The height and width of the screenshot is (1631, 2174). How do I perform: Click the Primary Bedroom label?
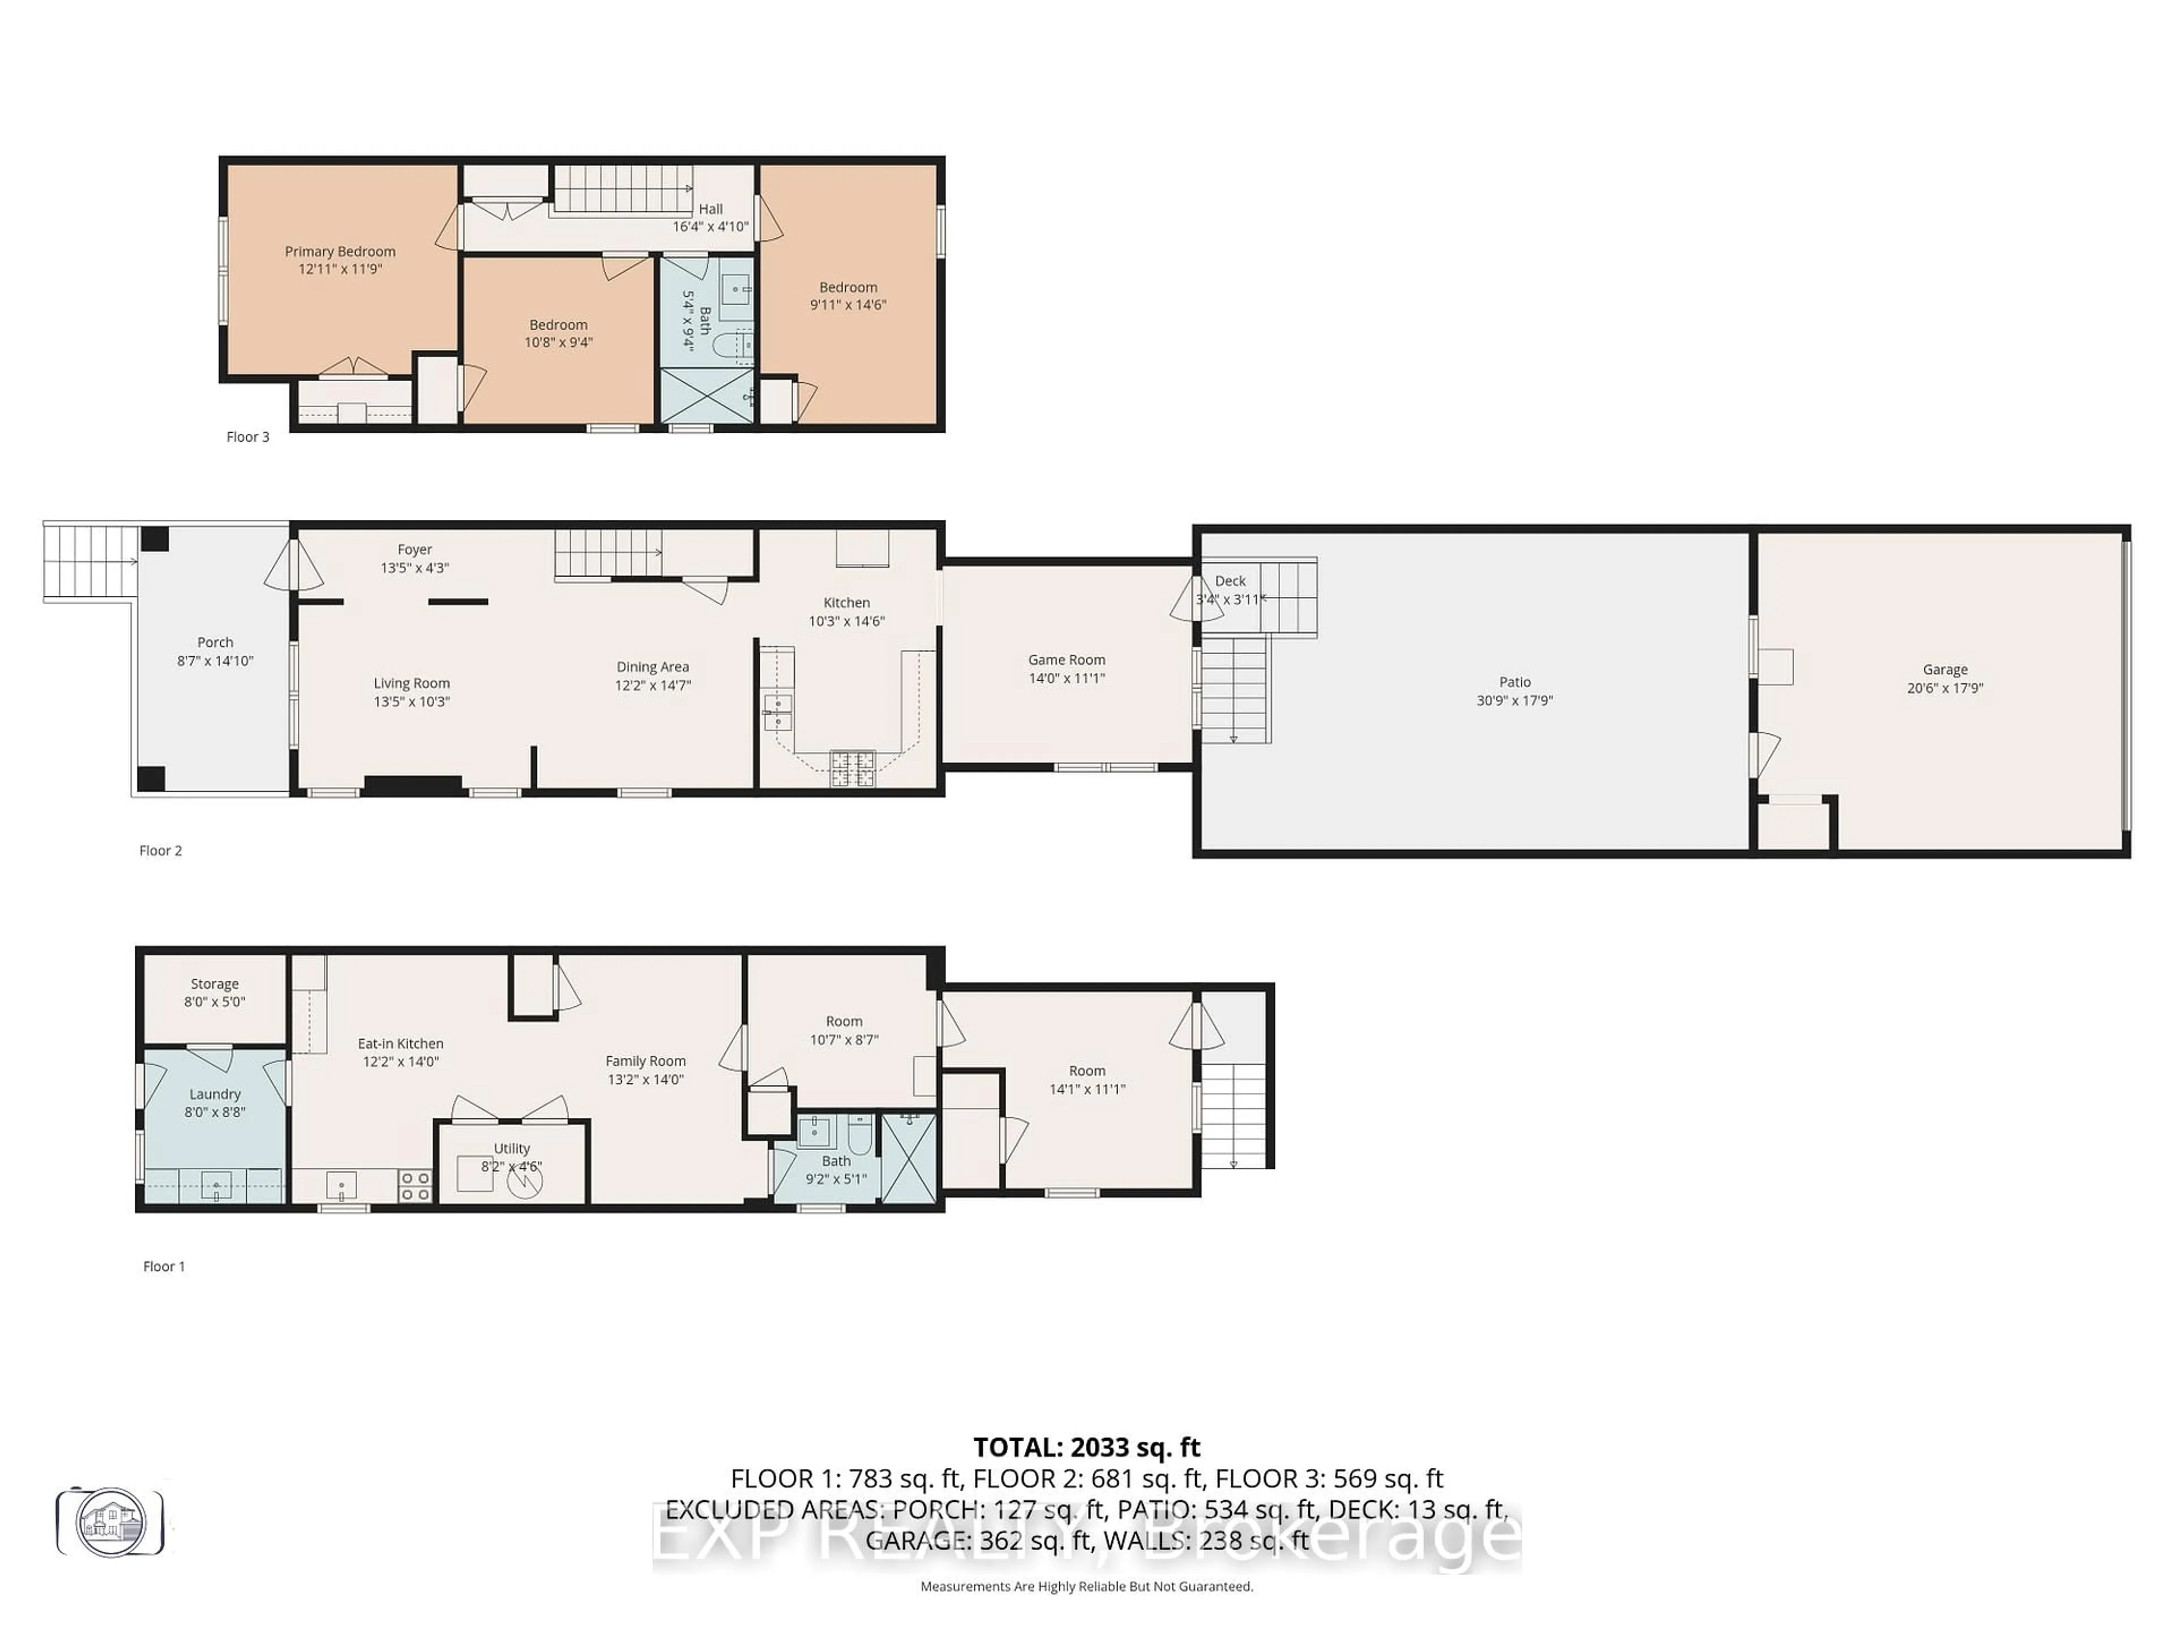[x=340, y=251]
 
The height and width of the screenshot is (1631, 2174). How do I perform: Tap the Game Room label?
[x=1067, y=660]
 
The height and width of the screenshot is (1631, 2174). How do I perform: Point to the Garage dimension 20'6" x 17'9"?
[x=1945, y=688]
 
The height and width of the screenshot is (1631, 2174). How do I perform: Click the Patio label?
[x=1514, y=681]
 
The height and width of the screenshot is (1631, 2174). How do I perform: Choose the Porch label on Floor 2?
[x=215, y=642]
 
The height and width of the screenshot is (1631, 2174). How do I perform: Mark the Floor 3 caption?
[x=247, y=437]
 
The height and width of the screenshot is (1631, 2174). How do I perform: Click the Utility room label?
[x=511, y=1148]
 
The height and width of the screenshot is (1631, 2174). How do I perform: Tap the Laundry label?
[x=214, y=1094]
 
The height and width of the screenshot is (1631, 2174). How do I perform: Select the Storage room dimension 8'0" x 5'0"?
[x=214, y=1002]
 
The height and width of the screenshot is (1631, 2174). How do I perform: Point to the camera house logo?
[x=110, y=1522]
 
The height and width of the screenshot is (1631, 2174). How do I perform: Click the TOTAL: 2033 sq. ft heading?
[x=1086, y=1447]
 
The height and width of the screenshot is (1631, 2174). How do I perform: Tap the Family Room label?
[x=645, y=1061]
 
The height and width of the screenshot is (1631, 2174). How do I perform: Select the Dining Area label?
[x=653, y=667]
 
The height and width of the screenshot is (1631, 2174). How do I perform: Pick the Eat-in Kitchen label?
[x=400, y=1043]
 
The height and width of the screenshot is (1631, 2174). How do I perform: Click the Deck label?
[x=1230, y=581]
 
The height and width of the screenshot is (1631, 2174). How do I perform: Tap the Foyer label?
[x=415, y=549]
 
